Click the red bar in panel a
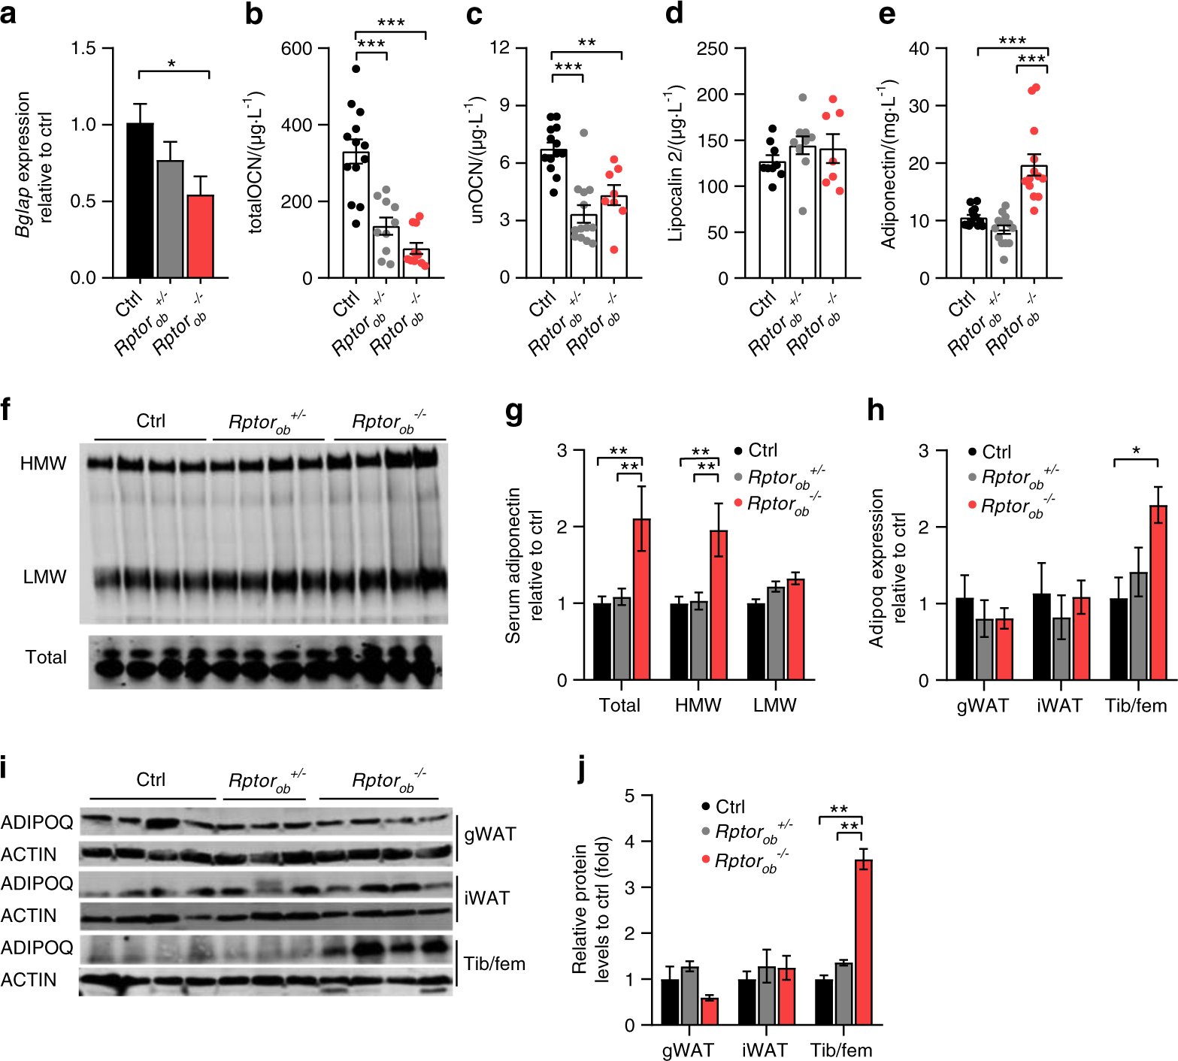tap(200, 237)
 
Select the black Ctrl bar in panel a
tap(140, 201)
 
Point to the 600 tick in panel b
tap(296, 49)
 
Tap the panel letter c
tap(474, 14)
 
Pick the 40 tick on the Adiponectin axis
tap(919, 49)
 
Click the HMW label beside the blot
tap(44, 464)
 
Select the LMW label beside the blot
tap(44, 577)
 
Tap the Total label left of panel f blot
tap(46, 657)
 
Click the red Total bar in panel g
tap(641, 600)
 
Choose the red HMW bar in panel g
tap(719, 605)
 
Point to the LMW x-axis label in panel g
tap(774, 706)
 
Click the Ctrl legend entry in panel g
tap(762, 450)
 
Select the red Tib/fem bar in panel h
tap(1158, 593)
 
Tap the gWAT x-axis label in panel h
tap(982, 706)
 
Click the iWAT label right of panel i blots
tap(486, 898)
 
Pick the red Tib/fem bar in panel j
tap(863, 942)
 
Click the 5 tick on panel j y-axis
tap(629, 796)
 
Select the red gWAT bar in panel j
tap(710, 1011)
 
